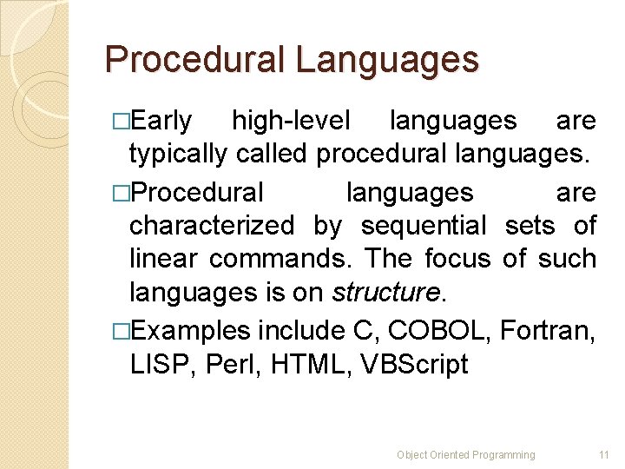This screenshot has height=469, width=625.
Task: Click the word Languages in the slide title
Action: pos(386,60)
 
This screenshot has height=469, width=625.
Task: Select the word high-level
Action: pos(291,121)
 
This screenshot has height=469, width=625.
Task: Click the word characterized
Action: pos(212,226)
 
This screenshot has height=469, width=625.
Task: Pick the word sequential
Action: pos(424,226)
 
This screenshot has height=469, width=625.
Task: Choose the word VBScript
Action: pos(412,365)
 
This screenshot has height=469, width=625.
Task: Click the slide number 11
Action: pos(604,454)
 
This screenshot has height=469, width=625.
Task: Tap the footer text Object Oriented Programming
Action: pos(466,454)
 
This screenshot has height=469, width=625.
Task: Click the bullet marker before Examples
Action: pos(121,331)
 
